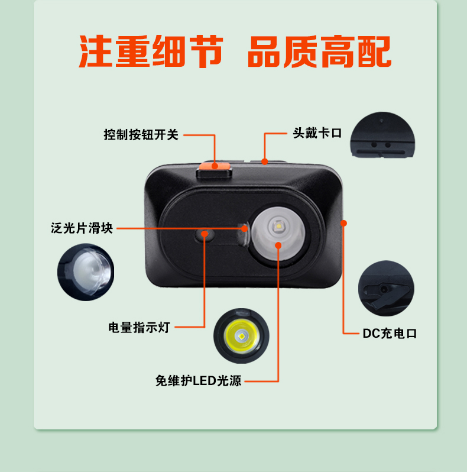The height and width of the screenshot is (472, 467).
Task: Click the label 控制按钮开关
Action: pyautogui.click(x=141, y=134)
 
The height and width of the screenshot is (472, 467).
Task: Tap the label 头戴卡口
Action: pyautogui.click(x=317, y=132)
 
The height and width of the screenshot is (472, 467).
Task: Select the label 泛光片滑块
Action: pyautogui.click(x=82, y=228)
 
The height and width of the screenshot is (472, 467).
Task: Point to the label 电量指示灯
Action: pyautogui.click(x=139, y=328)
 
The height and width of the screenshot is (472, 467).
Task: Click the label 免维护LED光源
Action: pyautogui.click(x=198, y=381)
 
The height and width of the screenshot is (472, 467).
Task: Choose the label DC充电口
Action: pyautogui.click(x=390, y=334)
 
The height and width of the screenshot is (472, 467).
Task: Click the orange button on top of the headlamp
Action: pyautogui.click(x=214, y=166)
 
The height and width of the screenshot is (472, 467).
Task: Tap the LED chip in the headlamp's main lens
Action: pyautogui.click(x=279, y=226)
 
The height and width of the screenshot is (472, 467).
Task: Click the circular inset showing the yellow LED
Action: pyautogui.click(x=241, y=335)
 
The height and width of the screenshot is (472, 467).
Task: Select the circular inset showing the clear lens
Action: pyautogui.click(x=86, y=272)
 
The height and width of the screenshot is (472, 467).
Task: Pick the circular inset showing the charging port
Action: pyautogui.click(x=386, y=289)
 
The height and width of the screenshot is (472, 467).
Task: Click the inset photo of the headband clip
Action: pyautogui.click(x=382, y=135)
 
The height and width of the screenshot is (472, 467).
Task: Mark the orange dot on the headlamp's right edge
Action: pyautogui.click(x=343, y=223)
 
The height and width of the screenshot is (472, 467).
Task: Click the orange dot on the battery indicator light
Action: pyautogui.click(x=205, y=234)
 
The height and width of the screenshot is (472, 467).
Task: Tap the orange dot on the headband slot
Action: pyautogui.click(x=264, y=161)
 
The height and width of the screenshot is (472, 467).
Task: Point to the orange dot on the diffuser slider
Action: pyautogui.click(x=245, y=229)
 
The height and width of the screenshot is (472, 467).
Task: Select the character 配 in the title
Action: pyautogui.click(x=374, y=51)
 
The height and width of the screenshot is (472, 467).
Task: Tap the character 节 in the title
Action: pyautogui.click(x=206, y=51)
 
